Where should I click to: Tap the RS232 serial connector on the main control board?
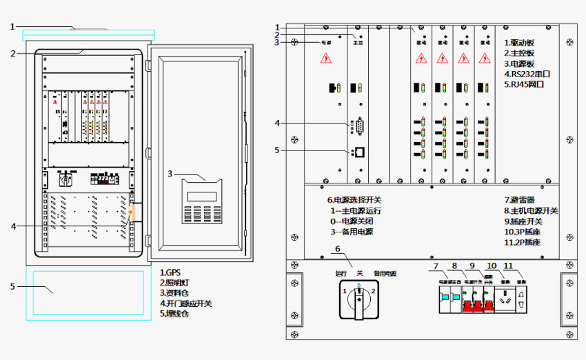click(360, 126)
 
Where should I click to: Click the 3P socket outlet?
click(506, 299)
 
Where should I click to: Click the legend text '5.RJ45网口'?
click(525, 84)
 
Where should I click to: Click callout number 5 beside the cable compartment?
click(12, 286)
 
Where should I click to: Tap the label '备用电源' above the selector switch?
click(385, 274)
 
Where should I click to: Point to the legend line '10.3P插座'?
click(526, 232)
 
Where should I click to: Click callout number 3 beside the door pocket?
click(170, 174)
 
